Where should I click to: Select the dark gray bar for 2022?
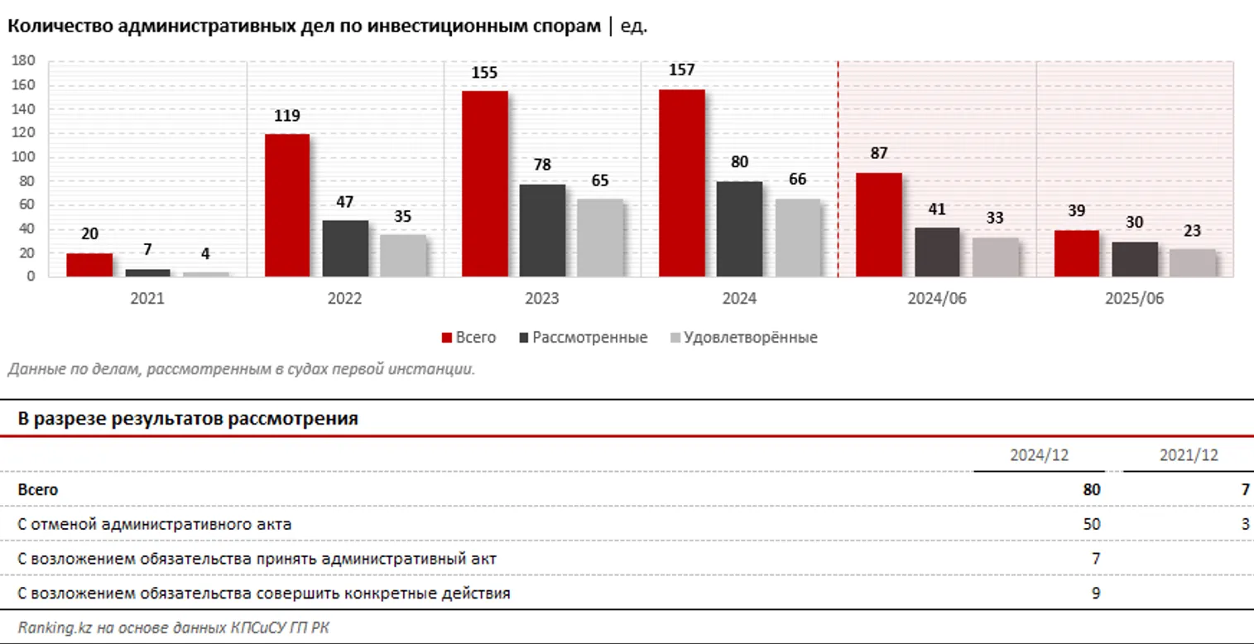(345, 248)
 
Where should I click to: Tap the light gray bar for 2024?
(797, 238)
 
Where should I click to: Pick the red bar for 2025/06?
(1076, 253)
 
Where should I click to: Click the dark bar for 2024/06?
(936, 252)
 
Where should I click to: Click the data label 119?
(286, 117)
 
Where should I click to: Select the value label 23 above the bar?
(1192, 232)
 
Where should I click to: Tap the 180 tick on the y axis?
(23, 61)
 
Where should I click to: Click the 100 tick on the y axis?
(23, 157)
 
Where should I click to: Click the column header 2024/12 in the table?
(1038, 456)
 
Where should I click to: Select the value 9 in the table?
(1095, 594)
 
